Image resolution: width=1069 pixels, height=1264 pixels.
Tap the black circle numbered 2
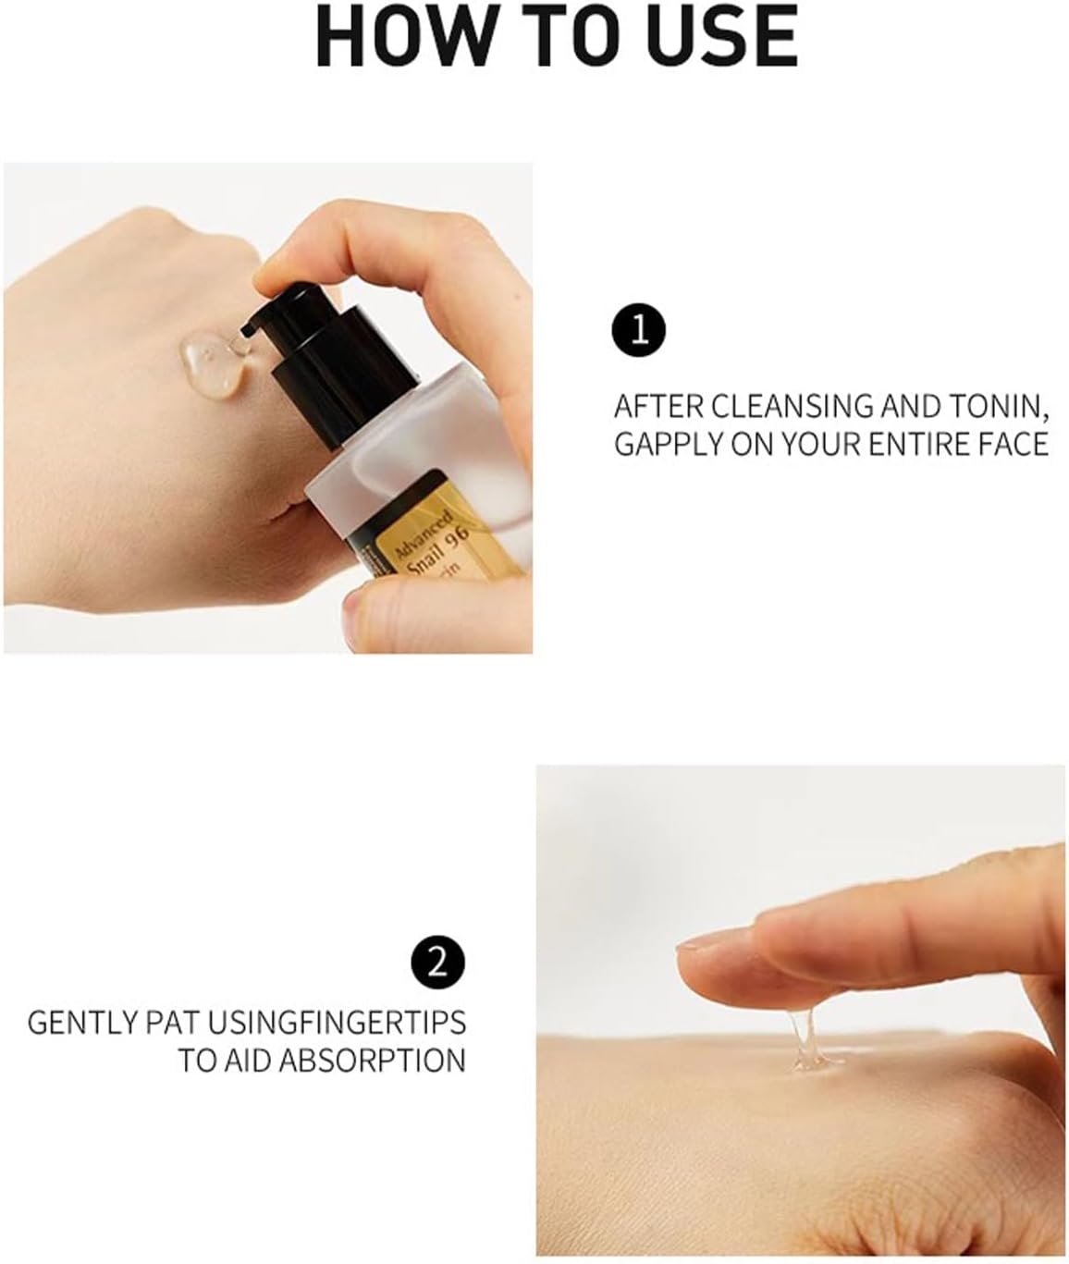(x=437, y=962)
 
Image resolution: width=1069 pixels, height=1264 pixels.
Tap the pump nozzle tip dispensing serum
(x=247, y=330)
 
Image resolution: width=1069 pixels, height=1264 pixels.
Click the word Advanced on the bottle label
(x=424, y=534)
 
